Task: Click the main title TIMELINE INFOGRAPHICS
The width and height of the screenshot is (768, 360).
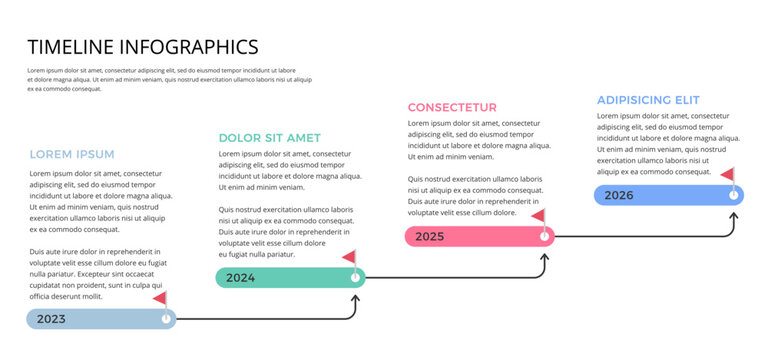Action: (143, 46)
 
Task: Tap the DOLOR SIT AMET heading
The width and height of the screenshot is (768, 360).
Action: (270, 137)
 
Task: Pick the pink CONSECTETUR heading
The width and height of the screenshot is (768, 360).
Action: (452, 107)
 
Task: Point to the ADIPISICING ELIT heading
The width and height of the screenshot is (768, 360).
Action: (648, 100)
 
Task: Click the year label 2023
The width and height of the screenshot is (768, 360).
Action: (51, 320)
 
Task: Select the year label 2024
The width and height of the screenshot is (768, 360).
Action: (240, 278)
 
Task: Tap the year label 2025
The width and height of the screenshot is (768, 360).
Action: (429, 236)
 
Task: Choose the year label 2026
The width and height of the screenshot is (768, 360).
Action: (618, 195)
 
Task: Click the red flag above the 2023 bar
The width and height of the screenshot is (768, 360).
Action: (160, 298)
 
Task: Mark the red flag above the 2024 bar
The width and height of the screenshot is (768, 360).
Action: (349, 257)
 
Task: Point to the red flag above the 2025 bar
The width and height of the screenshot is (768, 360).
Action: (538, 215)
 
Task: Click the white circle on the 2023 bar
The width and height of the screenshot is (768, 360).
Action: (166, 319)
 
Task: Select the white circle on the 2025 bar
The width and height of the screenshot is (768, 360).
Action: (545, 236)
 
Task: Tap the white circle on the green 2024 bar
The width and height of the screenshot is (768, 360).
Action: (355, 277)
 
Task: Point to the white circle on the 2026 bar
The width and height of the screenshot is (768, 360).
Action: (733, 195)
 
